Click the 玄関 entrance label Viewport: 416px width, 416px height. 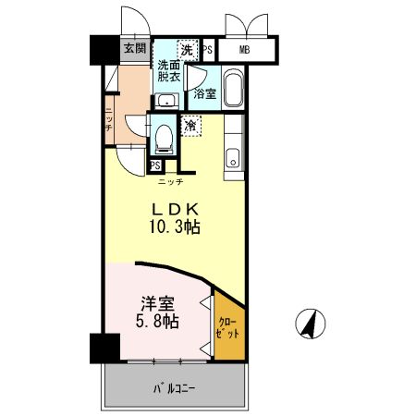133,49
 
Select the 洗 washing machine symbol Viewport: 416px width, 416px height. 188,50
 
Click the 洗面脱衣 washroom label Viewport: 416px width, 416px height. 168,73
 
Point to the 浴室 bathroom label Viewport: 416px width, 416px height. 203,93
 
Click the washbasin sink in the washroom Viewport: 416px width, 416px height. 166,100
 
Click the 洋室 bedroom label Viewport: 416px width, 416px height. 157,303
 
